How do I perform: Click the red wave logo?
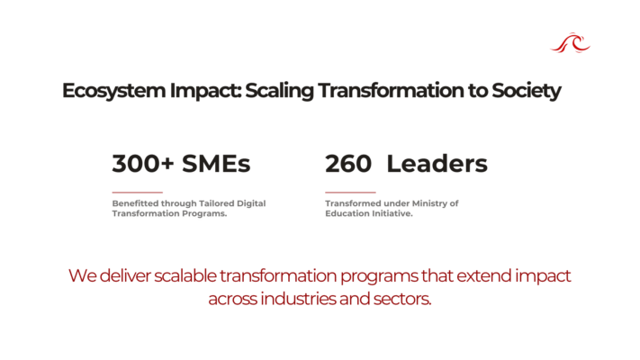click(x=570, y=43)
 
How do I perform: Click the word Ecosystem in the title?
click(x=114, y=91)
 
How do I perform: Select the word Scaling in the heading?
click(x=279, y=91)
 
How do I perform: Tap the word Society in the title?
click(x=526, y=91)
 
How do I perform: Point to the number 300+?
click(x=143, y=164)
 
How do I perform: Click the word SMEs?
click(x=216, y=164)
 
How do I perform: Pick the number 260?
click(x=348, y=164)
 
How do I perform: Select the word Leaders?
click(x=437, y=164)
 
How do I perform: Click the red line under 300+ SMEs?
click(x=138, y=192)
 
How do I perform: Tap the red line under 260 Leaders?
click(x=350, y=192)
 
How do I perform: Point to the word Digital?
click(x=251, y=203)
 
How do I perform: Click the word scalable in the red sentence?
click(x=185, y=276)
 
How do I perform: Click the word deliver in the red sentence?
click(x=125, y=276)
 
